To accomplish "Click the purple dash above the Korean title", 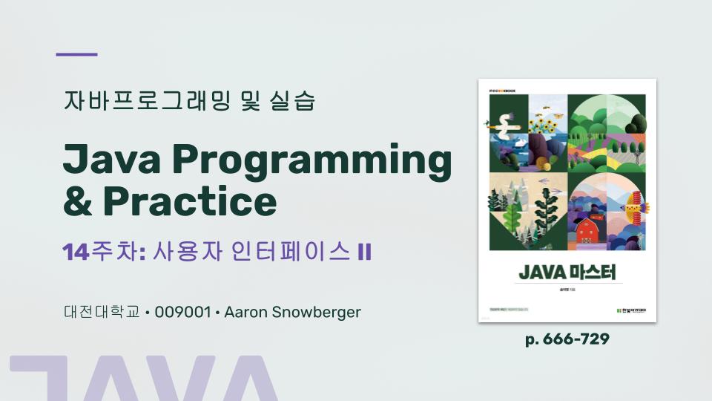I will point(77,54).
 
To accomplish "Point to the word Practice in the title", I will point(190,200).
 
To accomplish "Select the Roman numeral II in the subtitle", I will point(363,252).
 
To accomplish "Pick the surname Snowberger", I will point(316,312).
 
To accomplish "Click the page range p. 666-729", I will point(567,339).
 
